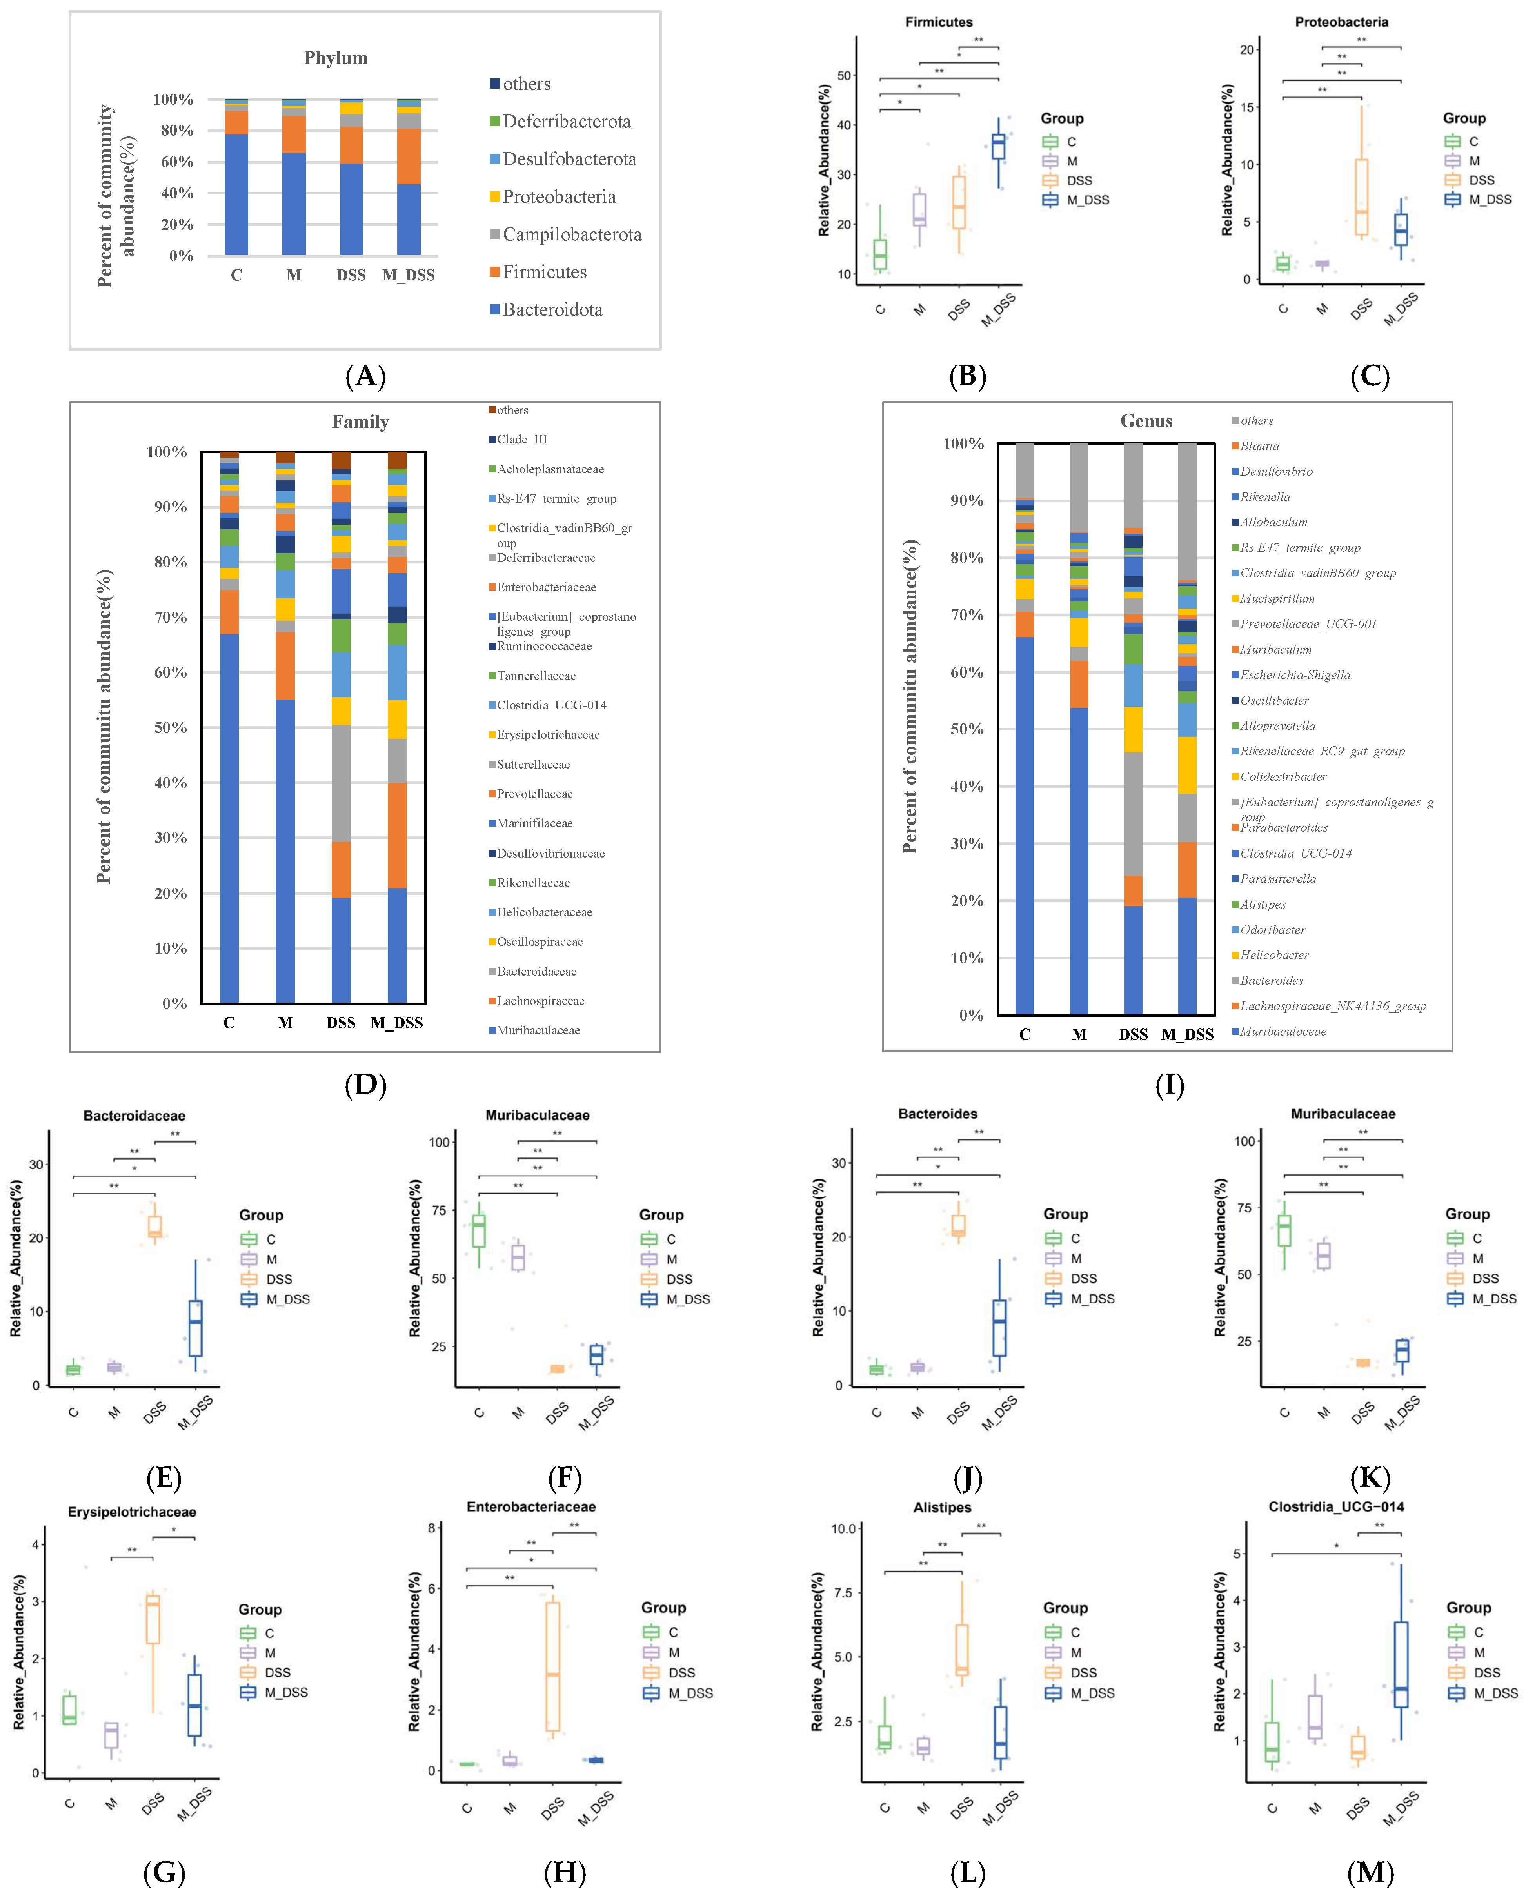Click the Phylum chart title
(x=335, y=58)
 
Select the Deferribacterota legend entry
(x=566, y=122)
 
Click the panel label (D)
(x=365, y=1085)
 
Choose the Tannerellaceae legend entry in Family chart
(x=536, y=676)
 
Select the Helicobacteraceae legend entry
(x=544, y=912)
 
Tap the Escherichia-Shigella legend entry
(x=1295, y=675)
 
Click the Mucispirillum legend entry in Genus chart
(x=1277, y=598)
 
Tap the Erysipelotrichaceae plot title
(x=132, y=1512)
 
